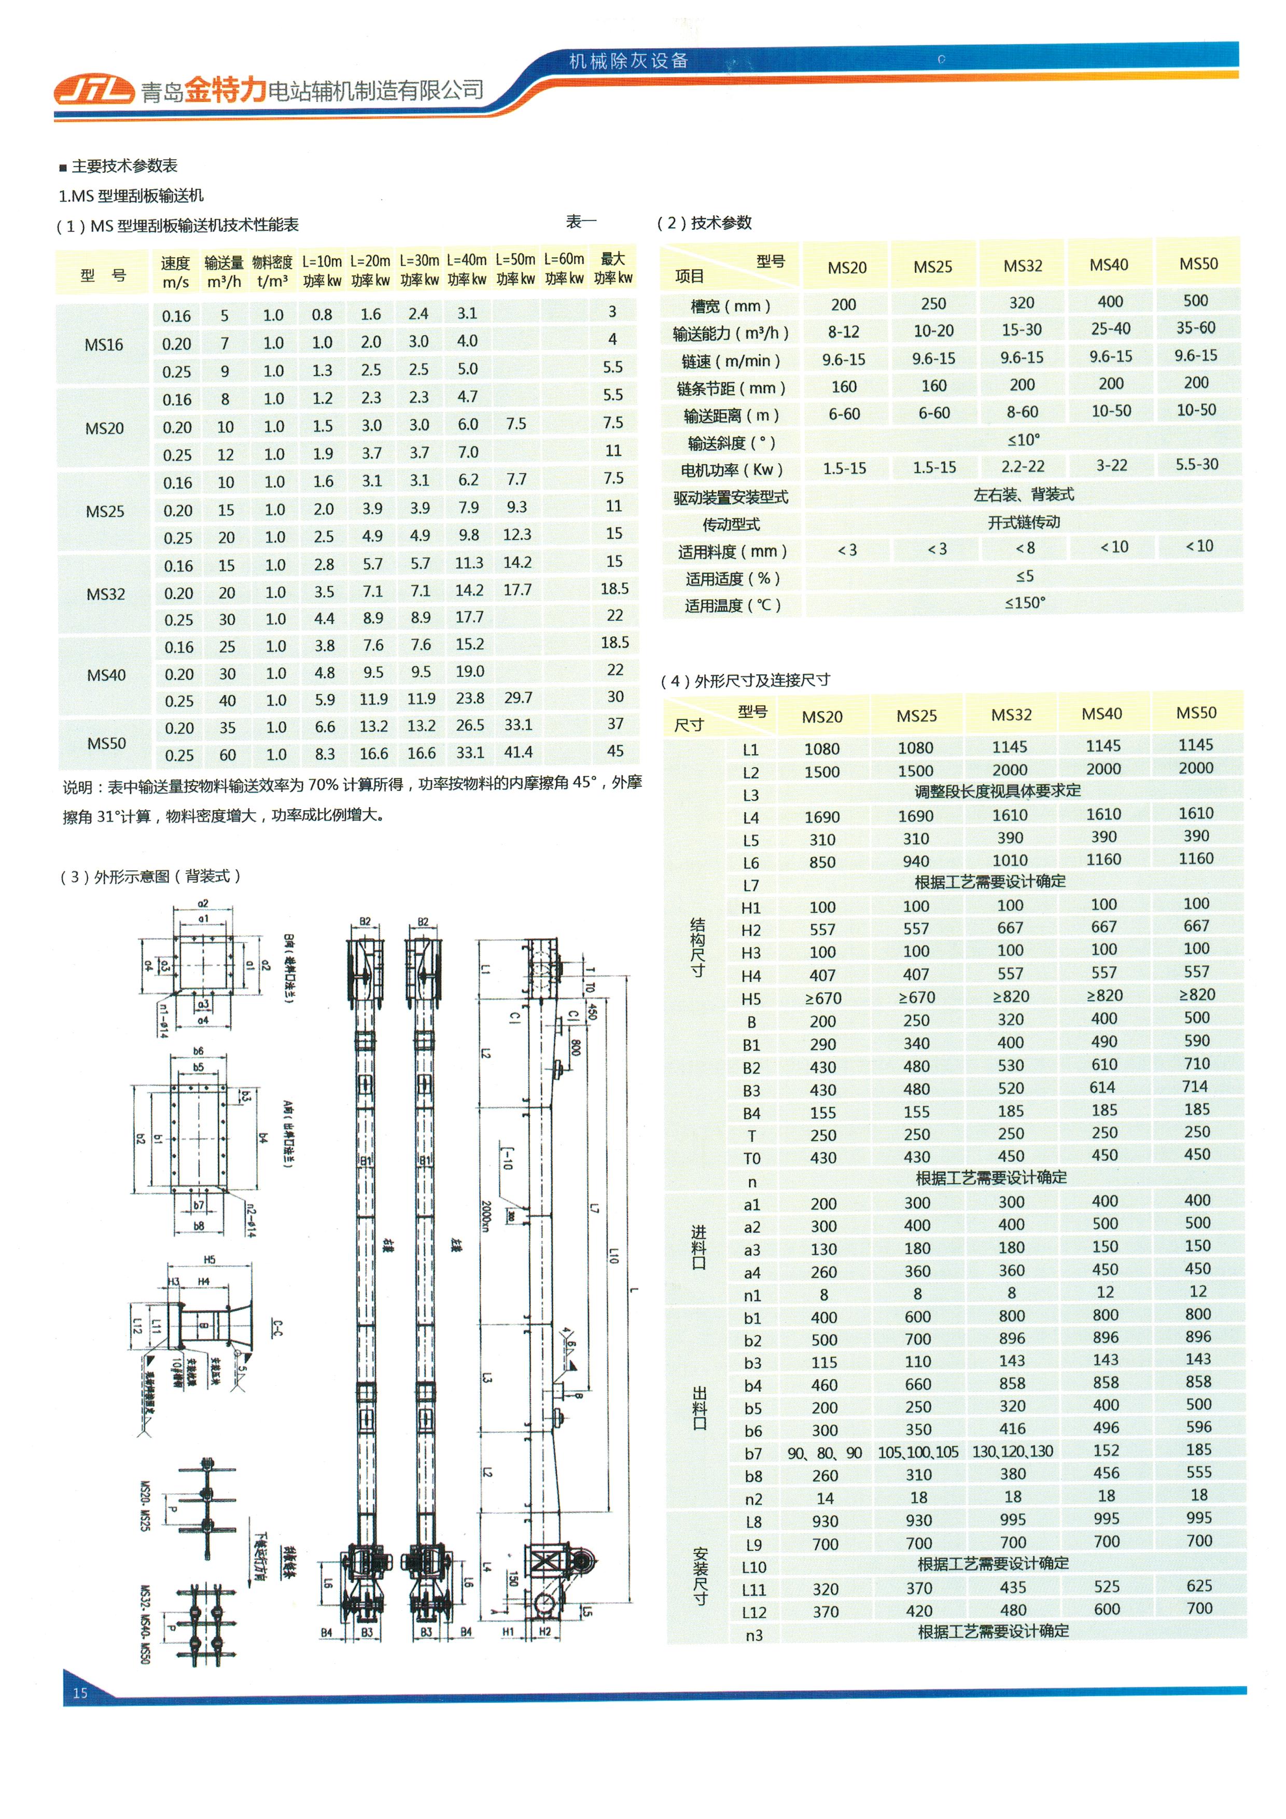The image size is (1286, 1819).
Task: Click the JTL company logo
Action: point(93,90)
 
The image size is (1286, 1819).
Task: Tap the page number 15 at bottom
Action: point(80,1693)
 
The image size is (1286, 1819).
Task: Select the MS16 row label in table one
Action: point(104,344)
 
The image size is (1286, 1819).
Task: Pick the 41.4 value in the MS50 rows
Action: point(518,752)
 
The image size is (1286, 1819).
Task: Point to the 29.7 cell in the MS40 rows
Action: point(518,697)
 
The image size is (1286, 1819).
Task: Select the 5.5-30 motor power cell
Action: point(1196,464)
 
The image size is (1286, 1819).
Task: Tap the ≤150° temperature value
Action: point(1025,603)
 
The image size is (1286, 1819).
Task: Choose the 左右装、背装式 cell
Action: point(1023,494)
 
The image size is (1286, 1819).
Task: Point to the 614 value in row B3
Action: point(1102,1087)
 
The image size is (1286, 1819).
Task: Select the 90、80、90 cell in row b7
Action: point(824,1452)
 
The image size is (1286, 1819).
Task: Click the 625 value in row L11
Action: point(1199,1585)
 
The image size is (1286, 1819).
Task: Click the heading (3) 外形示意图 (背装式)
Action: point(150,876)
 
